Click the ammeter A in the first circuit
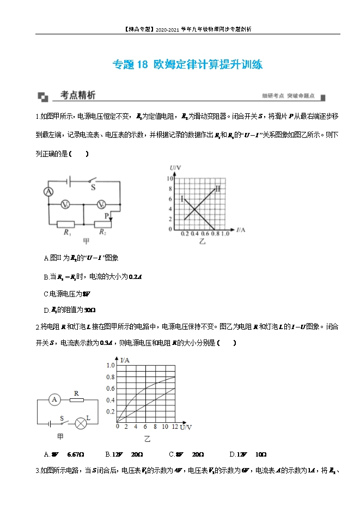point(48,192)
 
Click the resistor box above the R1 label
point(66,223)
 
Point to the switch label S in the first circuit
point(93,187)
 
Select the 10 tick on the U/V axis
point(169,179)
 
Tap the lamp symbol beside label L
point(81,421)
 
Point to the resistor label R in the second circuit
point(76,393)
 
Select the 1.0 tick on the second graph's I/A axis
point(111,365)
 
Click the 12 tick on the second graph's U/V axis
point(174,427)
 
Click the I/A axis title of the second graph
point(125,360)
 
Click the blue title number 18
point(141,65)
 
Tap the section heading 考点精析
point(78,95)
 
